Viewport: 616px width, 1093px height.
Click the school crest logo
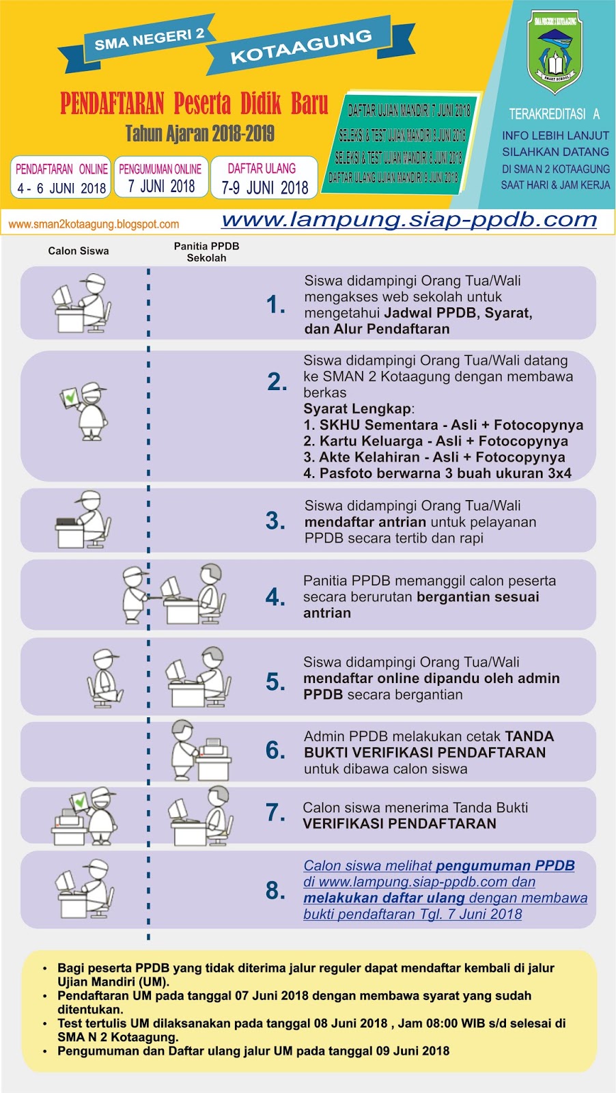point(555,52)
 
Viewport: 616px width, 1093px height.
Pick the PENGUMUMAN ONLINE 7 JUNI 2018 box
point(160,178)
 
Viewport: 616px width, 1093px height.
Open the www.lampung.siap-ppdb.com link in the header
point(409,220)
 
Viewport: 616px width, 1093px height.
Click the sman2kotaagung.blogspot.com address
point(94,224)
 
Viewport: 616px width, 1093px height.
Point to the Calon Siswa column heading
point(79,251)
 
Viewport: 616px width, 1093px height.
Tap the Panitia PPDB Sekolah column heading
point(206,251)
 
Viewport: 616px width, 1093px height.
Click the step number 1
point(276,305)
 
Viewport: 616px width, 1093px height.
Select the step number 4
point(275,597)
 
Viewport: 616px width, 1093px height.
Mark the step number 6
point(275,751)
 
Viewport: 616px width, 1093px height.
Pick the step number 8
point(275,890)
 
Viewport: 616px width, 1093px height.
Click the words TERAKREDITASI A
point(554,114)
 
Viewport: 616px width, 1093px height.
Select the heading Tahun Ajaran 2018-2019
point(199,133)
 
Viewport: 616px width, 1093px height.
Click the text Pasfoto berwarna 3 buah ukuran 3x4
point(438,473)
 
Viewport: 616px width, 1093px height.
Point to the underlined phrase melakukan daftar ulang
point(384,898)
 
